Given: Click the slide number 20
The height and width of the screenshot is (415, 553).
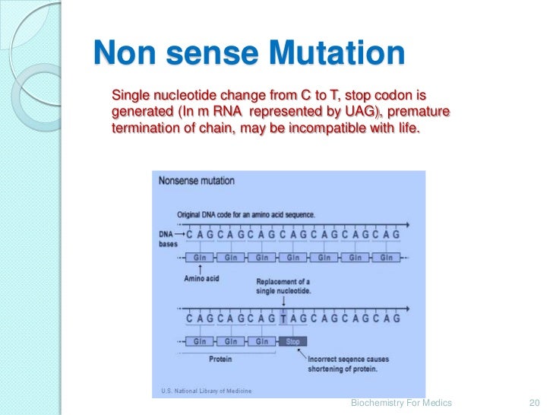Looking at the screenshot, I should (532, 403).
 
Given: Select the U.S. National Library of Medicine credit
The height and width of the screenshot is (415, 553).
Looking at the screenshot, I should (206, 391).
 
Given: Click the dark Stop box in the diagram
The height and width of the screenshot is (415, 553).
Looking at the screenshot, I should (294, 341).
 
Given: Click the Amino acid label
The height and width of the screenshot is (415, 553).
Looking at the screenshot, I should (201, 279).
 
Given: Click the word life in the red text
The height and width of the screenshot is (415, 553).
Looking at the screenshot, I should (405, 129).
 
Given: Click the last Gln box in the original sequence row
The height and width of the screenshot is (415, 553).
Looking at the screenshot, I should (387, 258).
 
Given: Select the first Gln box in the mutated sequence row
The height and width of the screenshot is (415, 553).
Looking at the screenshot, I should (201, 341).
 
